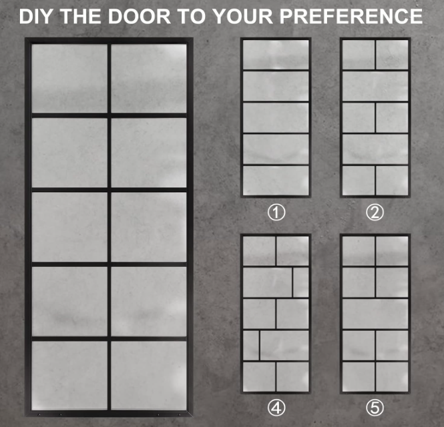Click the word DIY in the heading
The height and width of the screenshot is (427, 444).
[x=35, y=16]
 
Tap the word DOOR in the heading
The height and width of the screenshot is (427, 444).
[x=140, y=16]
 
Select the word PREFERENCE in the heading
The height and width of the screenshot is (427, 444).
[x=351, y=16]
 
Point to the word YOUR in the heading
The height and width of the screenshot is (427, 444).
[x=242, y=16]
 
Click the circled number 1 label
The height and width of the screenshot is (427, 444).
[x=276, y=212]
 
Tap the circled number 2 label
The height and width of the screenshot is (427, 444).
[x=375, y=212]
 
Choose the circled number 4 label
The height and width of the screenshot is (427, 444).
[x=276, y=408]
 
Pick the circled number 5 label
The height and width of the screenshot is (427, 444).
[x=375, y=408]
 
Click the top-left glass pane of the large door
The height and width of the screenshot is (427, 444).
[x=69, y=78]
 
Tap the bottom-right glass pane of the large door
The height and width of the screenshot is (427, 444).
[x=149, y=375]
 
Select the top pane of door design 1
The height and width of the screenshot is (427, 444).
[x=276, y=54]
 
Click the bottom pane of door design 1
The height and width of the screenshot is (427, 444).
[x=276, y=181]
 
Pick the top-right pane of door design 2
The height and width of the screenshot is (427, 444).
[x=392, y=54]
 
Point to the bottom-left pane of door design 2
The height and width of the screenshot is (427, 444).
[x=359, y=181]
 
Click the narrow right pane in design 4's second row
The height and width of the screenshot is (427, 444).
[x=301, y=282]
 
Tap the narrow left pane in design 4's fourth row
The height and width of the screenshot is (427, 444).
[x=251, y=346]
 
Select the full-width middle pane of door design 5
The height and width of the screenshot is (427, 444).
[x=375, y=314]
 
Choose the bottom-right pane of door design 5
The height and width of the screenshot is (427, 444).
[x=392, y=377]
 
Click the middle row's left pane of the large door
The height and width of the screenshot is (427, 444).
[x=69, y=227]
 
